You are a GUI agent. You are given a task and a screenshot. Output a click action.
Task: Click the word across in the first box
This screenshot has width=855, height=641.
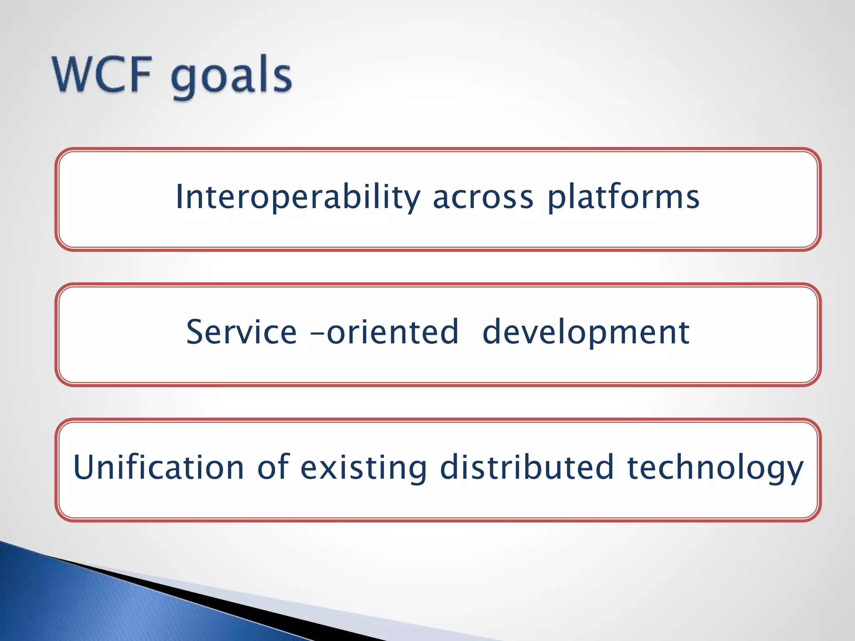483,197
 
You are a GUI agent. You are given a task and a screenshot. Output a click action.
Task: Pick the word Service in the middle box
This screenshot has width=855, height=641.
241,332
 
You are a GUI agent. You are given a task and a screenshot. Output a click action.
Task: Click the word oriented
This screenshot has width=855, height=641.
392,332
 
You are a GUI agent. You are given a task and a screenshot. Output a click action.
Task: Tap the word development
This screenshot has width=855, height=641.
586,333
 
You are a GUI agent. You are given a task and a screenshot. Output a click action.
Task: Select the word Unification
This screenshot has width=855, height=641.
159,467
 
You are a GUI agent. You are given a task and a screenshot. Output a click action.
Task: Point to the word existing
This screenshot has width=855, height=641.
363,468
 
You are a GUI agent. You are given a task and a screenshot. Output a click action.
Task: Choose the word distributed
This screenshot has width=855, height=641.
527,467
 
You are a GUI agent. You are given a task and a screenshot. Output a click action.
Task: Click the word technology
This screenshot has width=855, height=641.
715,468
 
